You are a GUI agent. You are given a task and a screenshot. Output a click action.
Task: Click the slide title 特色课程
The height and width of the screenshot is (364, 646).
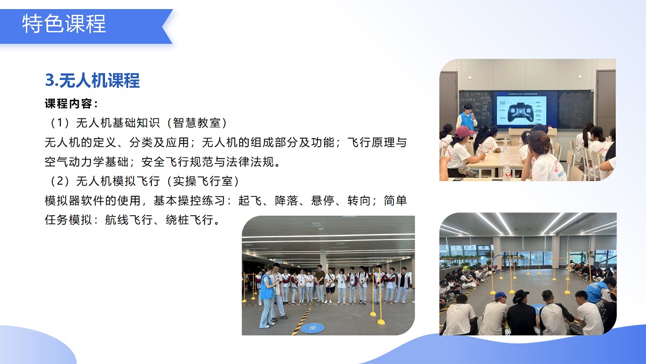click(x=64, y=24)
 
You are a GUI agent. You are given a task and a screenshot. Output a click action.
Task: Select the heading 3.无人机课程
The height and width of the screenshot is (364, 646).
click(x=92, y=80)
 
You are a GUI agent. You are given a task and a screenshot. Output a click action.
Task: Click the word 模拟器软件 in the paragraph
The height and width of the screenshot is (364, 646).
click(x=75, y=201)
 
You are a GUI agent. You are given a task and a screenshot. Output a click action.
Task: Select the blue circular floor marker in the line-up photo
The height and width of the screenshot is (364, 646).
click(x=312, y=327)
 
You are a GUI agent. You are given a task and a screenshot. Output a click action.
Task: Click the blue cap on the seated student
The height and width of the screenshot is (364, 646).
click(x=500, y=296)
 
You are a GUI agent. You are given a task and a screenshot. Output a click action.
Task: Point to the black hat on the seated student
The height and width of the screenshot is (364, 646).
click(x=521, y=295)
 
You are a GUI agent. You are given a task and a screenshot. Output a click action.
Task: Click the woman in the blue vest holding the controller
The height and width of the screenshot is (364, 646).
click(x=266, y=297)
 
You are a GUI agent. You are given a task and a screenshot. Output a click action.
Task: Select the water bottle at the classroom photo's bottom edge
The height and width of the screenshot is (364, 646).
click(x=507, y=171)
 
